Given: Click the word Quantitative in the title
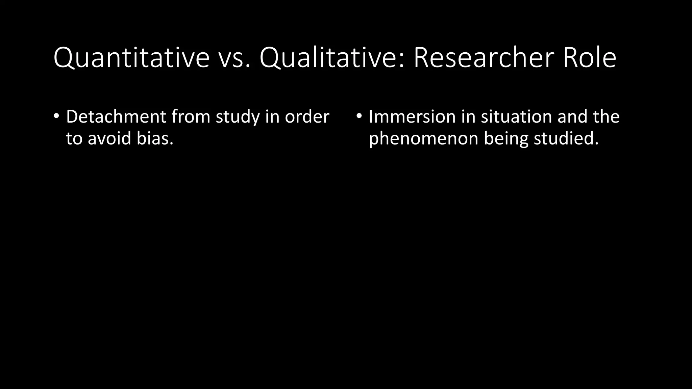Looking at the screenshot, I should [x=131, y=58].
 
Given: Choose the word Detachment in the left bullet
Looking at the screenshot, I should [x=116, y=116].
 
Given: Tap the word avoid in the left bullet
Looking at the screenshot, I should [x=109, y=138].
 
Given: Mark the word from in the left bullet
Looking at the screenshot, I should [x=191, y=116].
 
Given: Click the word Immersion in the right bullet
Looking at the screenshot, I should [x=412, y=116].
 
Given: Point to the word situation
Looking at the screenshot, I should [x=516, y=116].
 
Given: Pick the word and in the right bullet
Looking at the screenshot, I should [x=572, y=116].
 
